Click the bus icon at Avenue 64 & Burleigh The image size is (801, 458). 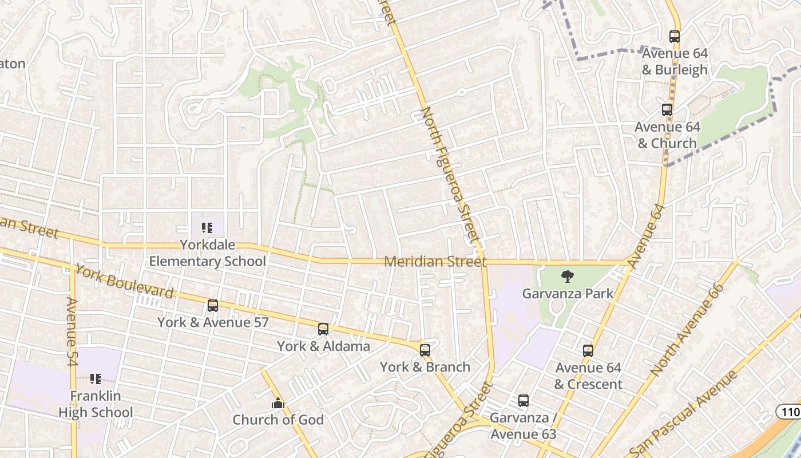pos(675,37)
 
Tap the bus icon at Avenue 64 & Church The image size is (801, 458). pos(667,110)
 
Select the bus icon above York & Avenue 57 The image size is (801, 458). pos(213,306)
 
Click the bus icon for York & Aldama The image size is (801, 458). pos(323,329)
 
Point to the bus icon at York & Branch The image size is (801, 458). pos(425,350)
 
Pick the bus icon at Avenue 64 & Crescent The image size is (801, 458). pos(588,351)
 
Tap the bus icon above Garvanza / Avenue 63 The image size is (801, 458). pos(524,401)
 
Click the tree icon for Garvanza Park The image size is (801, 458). pos(568,277)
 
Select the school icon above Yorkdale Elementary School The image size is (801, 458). pos(207,228)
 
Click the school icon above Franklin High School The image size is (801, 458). pos(96,379)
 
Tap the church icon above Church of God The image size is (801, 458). pos(278,404)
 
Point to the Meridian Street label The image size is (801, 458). pos(435,262)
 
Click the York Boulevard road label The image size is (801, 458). pos(124,282)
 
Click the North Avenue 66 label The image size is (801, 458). pos(687,330)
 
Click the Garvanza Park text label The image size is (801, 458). pos(568,294)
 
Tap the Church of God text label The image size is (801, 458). pos(278,420)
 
